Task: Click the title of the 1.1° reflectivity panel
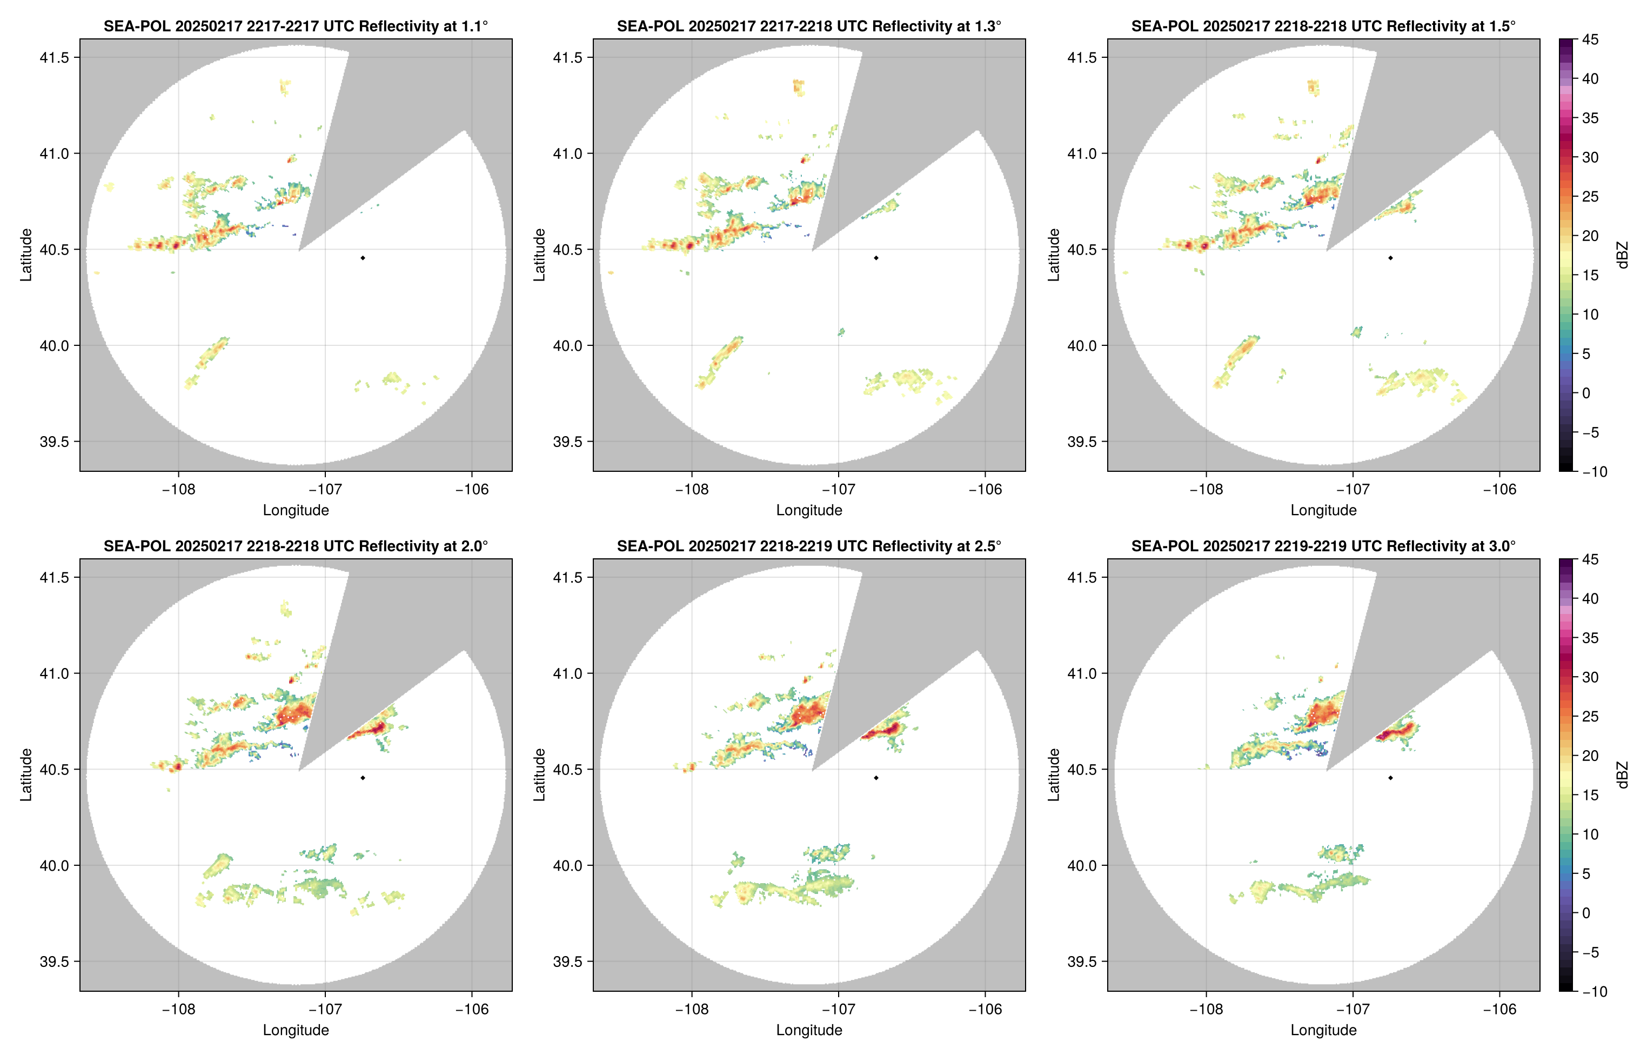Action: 295,26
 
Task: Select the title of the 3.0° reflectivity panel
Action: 1323,546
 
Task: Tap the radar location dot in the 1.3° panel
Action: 876,258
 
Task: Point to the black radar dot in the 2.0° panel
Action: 362,778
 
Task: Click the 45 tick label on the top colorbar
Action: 1590,40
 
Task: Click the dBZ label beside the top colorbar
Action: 1622,255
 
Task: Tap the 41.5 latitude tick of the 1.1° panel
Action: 54,57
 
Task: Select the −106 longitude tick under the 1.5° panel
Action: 1499,489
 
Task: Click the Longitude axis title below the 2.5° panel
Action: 809,1030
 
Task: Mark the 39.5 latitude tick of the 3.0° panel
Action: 1082,961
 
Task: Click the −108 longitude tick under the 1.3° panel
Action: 692,489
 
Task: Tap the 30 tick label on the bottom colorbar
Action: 1590,677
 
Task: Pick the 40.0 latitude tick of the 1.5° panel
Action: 1082,345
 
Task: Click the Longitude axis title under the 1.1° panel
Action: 296,510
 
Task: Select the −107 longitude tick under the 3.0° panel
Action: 1353,1009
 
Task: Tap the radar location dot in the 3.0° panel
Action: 1390,778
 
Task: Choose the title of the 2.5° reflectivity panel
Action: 809,546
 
